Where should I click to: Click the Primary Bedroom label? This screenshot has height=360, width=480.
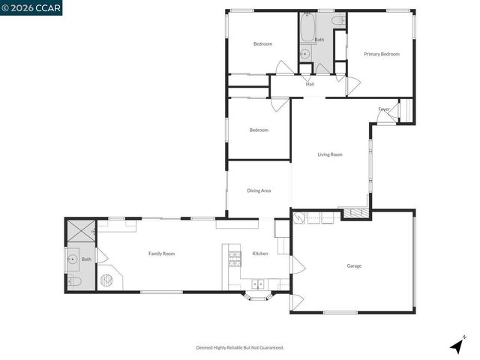[x=381, y=54]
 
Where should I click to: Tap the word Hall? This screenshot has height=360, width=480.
[x=310, y=84]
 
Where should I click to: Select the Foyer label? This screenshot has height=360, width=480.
[x=383, y=109]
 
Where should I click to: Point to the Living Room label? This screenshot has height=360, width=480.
[x=330, y=154]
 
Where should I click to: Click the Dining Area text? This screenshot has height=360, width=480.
[x=259, y=190]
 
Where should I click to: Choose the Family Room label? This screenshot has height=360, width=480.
[x=161, y=253]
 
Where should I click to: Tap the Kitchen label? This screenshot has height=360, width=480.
[x=260, y=253]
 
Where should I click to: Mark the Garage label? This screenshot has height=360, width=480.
[x=354, y=265]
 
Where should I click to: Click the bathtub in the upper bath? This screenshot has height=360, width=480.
[x=306, y=29]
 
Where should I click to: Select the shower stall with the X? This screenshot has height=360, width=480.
[x=77, y=230]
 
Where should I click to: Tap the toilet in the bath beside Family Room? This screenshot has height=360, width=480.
[x=74, y=282]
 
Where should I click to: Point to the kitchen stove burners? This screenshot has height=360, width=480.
[x=235, y=259]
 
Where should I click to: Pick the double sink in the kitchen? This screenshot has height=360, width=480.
[x=258, y=284]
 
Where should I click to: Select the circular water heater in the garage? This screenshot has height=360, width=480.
[x=298, y=219]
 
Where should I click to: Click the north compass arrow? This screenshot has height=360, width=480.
[x=456, y=346]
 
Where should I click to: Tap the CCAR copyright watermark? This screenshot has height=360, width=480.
[x=31, y=7]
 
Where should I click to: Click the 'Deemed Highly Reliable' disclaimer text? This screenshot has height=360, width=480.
[x=240, y=347]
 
